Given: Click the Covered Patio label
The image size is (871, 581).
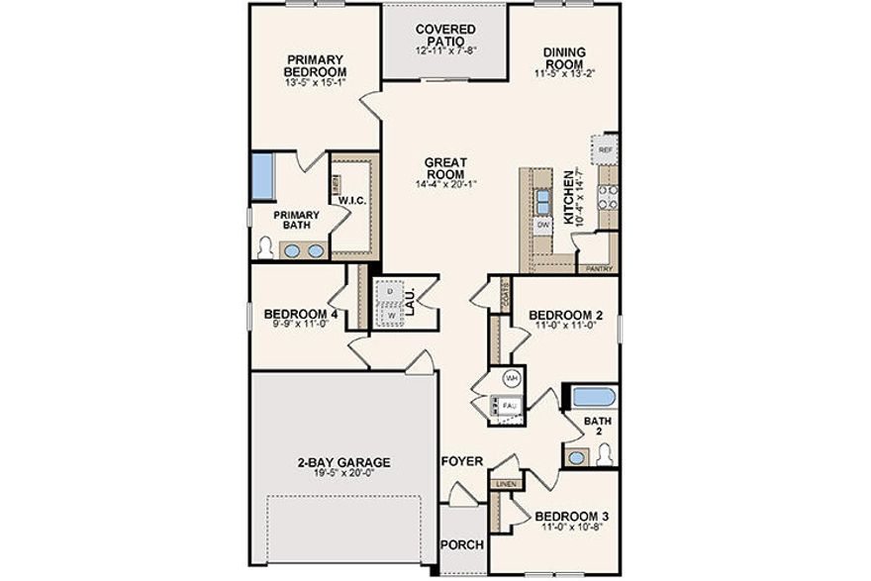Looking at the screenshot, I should [x=444, y=35].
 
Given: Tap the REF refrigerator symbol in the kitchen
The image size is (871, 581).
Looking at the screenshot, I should [x=606, y=150].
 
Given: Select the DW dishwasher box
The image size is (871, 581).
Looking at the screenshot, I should [x=542, y=226].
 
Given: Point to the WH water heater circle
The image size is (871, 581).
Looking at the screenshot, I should [x=512, y=378].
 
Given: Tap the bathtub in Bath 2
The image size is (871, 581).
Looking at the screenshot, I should [x=592, y=398].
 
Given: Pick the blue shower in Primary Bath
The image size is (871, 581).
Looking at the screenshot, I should [x=262, y=175].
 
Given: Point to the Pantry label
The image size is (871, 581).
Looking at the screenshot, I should [x=600, y=268].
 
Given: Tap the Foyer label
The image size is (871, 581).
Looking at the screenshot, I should [x=461, y=461].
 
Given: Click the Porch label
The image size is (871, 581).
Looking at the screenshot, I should [x=461, y=544].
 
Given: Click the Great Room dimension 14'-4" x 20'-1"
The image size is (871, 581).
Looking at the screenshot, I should [x=445, y=184].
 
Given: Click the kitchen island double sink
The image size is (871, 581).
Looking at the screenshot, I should [x=543, y=201].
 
